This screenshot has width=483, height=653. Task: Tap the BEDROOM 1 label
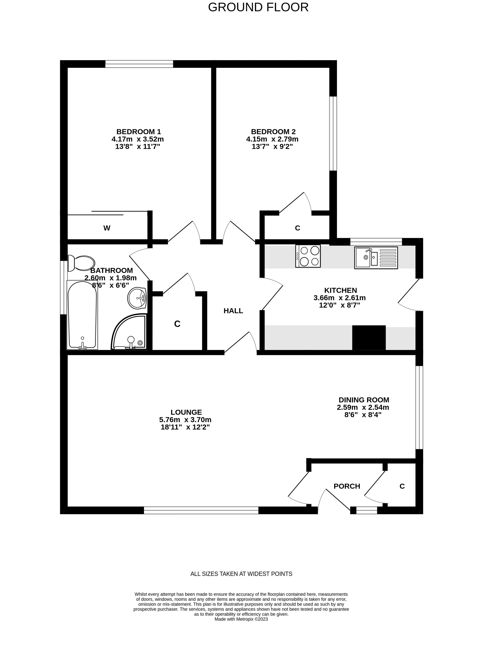(x=139, y=132)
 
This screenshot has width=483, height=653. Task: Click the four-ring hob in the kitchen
(x=308, y=256)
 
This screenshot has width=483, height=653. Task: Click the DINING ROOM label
(x=364, y=400)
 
